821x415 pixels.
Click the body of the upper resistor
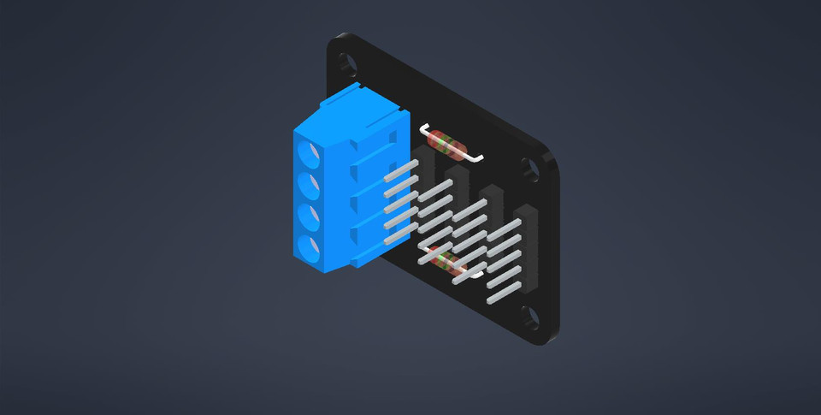pos(447,143)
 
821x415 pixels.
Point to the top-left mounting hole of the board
pos(346,63)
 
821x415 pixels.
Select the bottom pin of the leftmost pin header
pos(399,228)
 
